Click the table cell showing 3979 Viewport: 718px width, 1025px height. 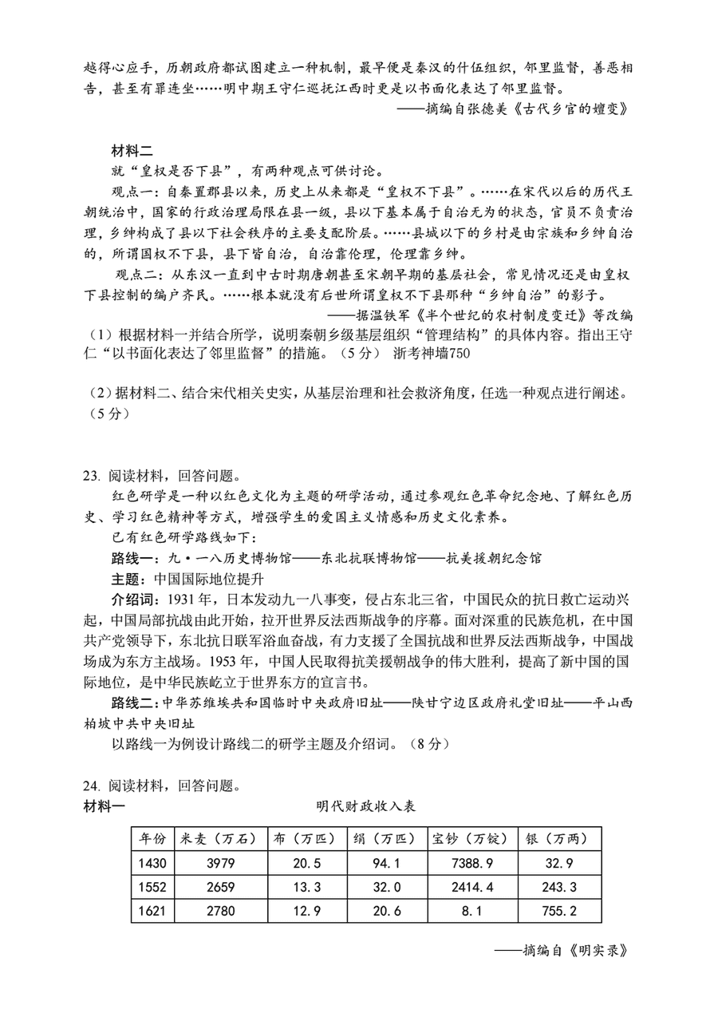coord(218,864)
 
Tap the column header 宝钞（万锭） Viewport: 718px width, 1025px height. coord(470,840)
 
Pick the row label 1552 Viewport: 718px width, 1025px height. coord(152,888)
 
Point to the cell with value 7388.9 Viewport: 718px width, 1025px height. coord(471,864)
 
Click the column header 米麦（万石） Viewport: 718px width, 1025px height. coord(218,840)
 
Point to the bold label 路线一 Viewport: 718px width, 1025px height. coord(128,558)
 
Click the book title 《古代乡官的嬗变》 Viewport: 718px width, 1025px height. coord(566,109)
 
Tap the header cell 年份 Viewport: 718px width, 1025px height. coord(152,840)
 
